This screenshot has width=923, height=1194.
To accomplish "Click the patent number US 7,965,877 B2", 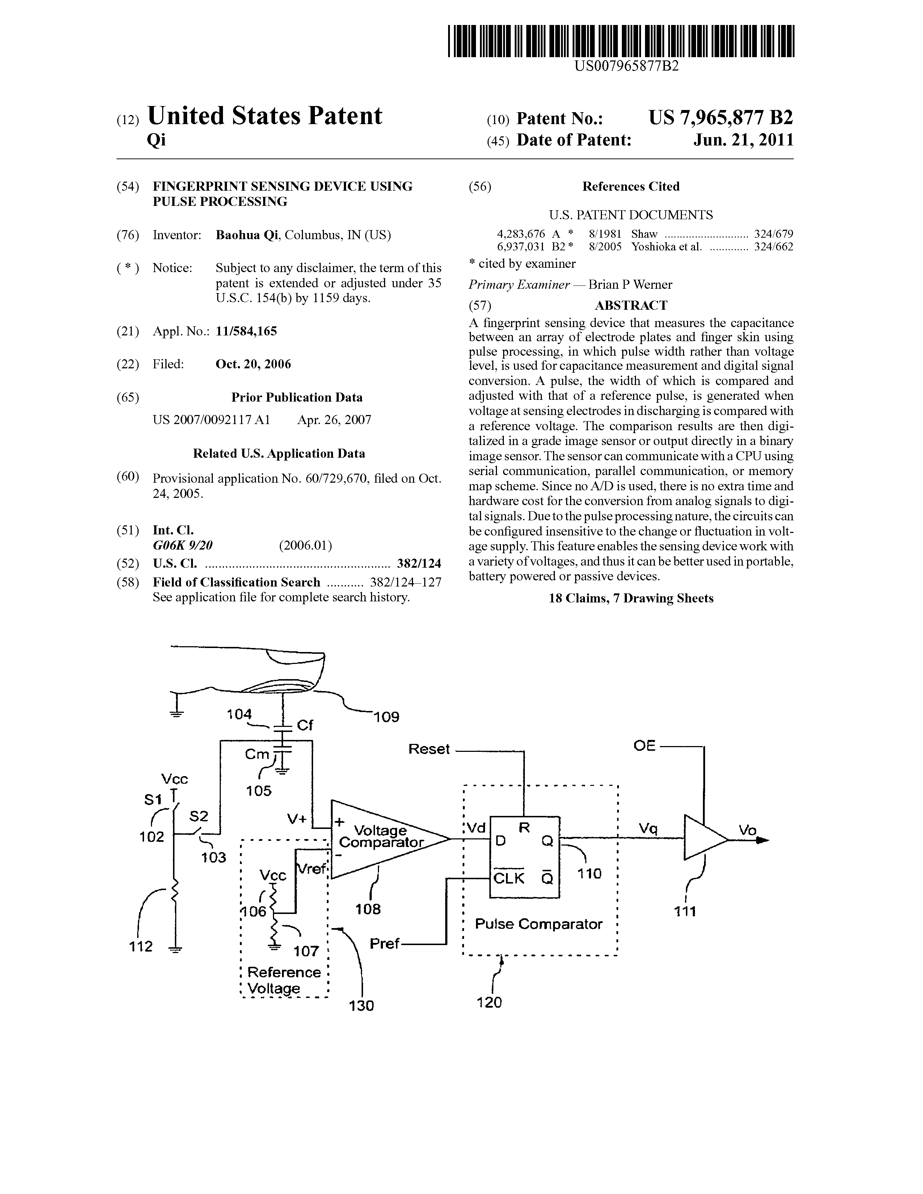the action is point(721,118).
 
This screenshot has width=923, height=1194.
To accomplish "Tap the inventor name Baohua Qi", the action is point(247,236).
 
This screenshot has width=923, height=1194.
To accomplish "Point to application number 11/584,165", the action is point(246,331).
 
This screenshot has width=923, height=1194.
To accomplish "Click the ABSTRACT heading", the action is point(631,305).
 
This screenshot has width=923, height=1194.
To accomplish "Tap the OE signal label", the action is point(644,746).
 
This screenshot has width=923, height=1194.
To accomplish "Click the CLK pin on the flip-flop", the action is point(509,878).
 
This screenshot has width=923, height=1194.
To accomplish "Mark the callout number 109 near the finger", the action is point(386,717).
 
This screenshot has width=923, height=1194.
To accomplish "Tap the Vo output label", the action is point(747,830).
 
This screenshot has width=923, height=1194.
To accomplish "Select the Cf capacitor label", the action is point(304,725).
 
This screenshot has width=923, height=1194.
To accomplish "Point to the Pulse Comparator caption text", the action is point(539,924).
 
